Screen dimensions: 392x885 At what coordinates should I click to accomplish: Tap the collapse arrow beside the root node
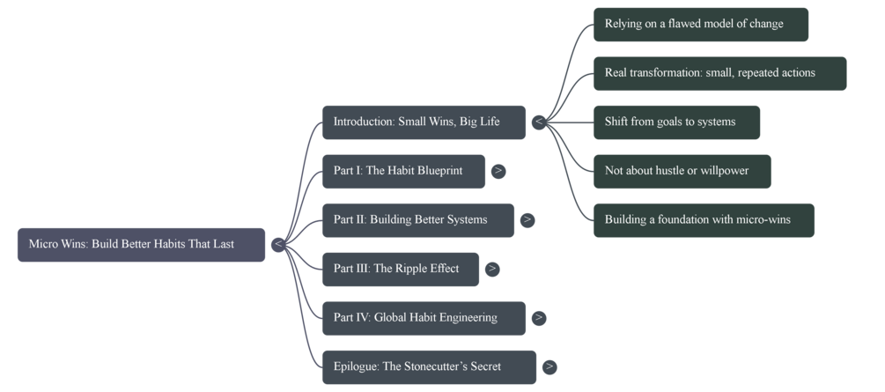pos(278,244)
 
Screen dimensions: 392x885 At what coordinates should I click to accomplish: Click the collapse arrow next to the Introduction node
pos(539,122)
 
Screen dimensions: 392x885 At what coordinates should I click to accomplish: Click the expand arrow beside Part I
pos(498,171)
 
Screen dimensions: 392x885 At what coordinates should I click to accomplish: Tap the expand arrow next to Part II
pos(527,219)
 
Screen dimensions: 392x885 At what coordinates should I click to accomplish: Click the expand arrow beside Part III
pos(492,269)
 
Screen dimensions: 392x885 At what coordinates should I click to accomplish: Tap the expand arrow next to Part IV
pos(539,318)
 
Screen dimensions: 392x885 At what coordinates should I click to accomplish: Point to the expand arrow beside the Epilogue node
pos(549,366)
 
